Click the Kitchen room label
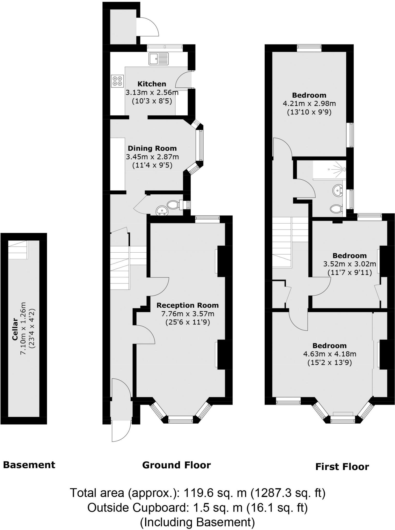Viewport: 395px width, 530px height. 152,84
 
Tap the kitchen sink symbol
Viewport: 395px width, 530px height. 158,59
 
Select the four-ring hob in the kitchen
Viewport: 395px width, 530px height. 117,81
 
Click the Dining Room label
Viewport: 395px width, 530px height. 152,148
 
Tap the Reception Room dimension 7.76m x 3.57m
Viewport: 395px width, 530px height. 188,314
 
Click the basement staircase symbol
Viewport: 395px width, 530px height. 18,250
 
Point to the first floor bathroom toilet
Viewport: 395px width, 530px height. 336,209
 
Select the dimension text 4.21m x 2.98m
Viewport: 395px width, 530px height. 309,104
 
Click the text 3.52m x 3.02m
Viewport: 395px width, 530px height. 349,264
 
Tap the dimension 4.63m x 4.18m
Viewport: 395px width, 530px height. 329,354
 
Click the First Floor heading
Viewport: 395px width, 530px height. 342,467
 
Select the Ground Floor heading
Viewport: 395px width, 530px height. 176,465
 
